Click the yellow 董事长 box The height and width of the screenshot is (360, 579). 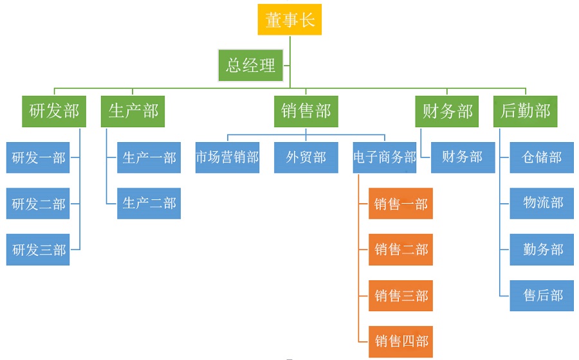pos(289,19)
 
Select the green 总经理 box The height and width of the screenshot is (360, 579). pos(251,65)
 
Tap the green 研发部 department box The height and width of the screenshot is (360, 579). pos(54,111)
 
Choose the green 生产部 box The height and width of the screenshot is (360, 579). pos(133,111)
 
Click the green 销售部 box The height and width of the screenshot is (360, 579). pos(306,111)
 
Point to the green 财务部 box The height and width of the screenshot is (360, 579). pos(447,111)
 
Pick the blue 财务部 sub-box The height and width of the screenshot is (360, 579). pos(463,157)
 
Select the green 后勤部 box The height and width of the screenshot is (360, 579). pos(526,111)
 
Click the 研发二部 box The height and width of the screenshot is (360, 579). pos(39,204)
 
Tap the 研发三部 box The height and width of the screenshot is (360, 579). pos(39,249)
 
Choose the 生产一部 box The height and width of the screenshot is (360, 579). pos(149,157)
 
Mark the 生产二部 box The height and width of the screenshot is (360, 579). pos(149,203)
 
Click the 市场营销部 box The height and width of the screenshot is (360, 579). pos(228,157)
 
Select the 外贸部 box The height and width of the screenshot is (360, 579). pos(306,157)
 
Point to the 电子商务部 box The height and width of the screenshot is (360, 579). pos(385,157)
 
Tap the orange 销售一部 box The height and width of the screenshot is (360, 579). pos(401,204)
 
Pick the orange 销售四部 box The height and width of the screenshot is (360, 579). pos(401,341)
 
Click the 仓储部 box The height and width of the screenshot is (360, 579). pos(542,157)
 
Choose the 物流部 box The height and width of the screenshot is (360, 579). pos(542,203)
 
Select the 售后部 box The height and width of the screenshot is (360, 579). pos(542,295)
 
